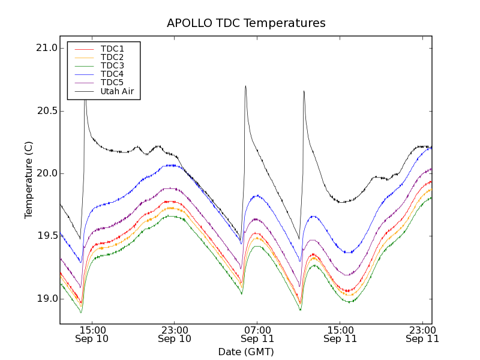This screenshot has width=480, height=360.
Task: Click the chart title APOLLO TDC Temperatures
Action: pos(246,23)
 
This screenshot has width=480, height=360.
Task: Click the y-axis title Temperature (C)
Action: pos(29,180)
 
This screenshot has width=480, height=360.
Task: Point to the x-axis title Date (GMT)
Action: pos(246,352)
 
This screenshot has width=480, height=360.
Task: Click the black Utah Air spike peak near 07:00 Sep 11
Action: pos(245,86)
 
